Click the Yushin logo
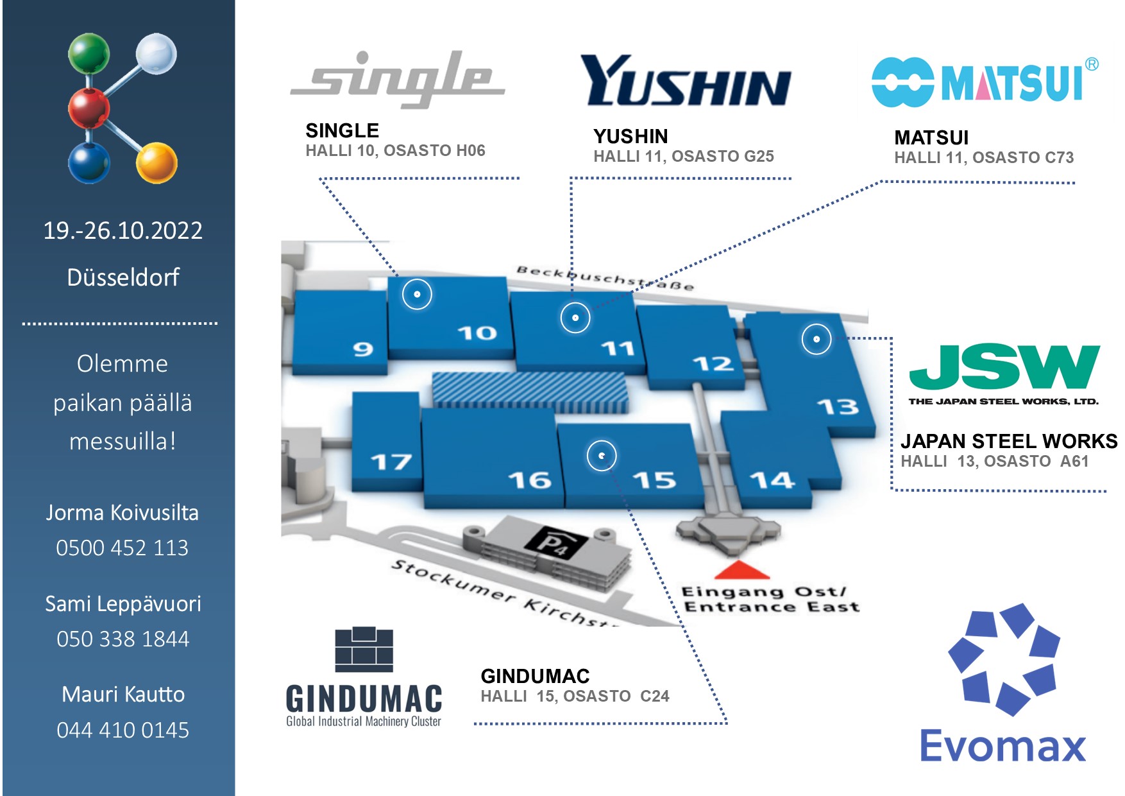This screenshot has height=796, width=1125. [x=685, y=81]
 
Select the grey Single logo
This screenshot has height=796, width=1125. [x=398, y=80]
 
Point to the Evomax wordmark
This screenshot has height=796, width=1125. [x=1002, y=746]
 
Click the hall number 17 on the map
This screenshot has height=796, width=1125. [x=391, y=462]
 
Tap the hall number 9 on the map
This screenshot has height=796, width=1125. [x=362, y=349]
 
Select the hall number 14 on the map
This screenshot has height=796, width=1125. [x=772, y=480]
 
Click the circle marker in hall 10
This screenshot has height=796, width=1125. [x=417, y=295]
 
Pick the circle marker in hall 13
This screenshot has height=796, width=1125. [x=816, y=339]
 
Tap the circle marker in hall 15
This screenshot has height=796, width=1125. [x=602, y=456]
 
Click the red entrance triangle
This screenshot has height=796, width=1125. [x=741, y=569]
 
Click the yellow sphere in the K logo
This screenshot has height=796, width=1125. [x=156, y=162]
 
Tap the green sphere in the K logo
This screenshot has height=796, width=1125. [x=89, y=53]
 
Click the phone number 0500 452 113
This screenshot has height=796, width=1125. [x=123, y=548]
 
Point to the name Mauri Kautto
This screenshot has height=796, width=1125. [x=123, y=694]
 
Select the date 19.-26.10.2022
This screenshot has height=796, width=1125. [x=123, y=230]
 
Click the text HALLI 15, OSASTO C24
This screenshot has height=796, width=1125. [x=575, y=696]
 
